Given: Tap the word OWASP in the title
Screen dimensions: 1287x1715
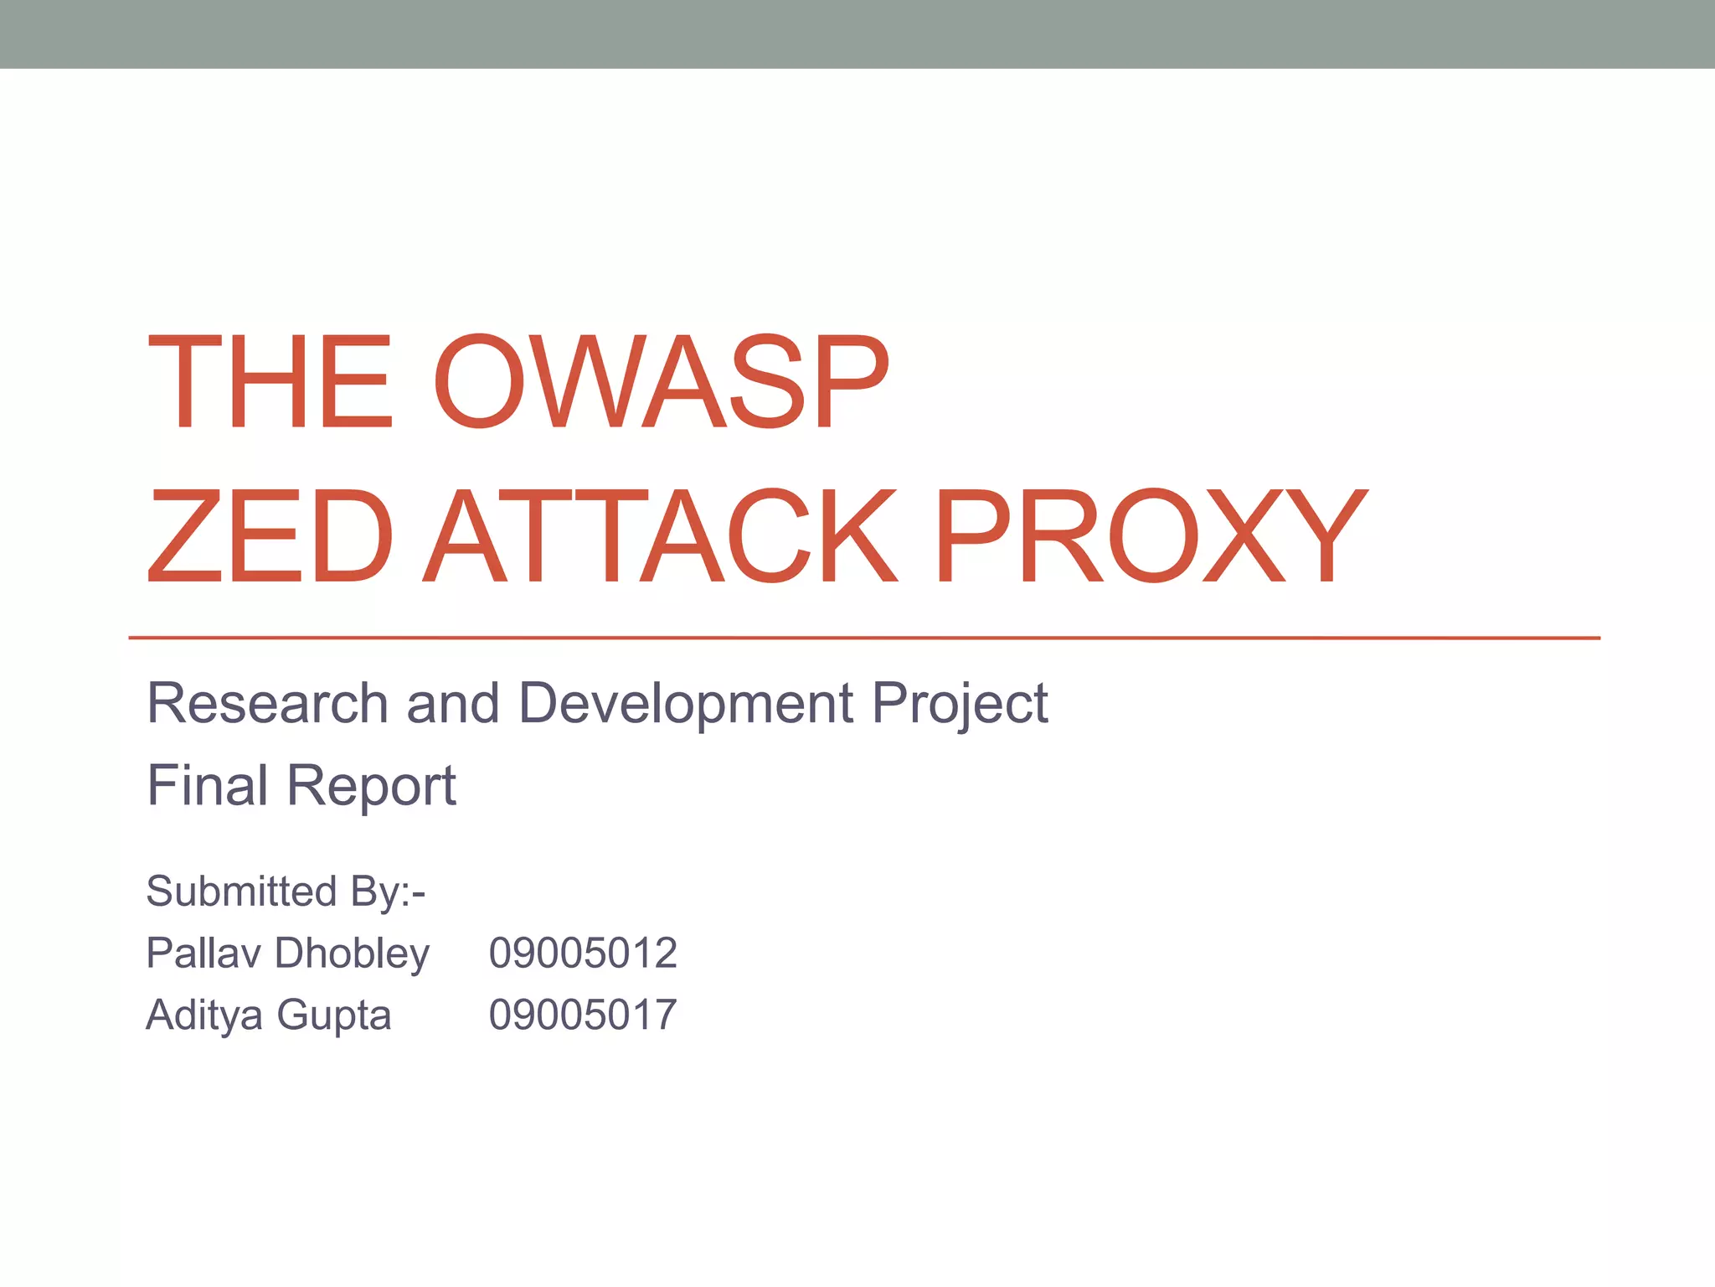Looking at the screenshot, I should point(661,382).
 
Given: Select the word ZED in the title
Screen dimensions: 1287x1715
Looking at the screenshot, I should point(270,536).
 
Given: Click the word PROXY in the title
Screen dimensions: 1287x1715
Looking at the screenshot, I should point(1150,536).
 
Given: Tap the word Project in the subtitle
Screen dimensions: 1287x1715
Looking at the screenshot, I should point(960,704).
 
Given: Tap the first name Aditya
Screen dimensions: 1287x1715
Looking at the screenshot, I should point(204,1016).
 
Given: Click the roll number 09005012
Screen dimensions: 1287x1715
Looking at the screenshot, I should point(583,954).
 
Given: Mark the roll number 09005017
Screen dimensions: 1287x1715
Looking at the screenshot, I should point(583,1016).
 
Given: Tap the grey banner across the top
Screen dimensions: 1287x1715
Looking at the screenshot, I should point(857,34).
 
